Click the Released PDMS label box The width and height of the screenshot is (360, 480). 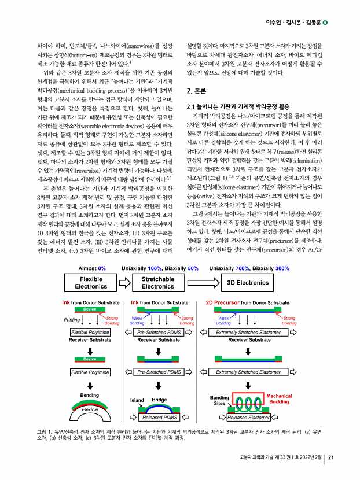click(160, 417)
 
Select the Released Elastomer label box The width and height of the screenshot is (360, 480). click(249, 417)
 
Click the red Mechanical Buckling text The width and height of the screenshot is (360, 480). click(280, 398)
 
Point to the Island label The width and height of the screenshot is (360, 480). click(138, 400)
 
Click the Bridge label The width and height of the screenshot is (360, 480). click(159, 399)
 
